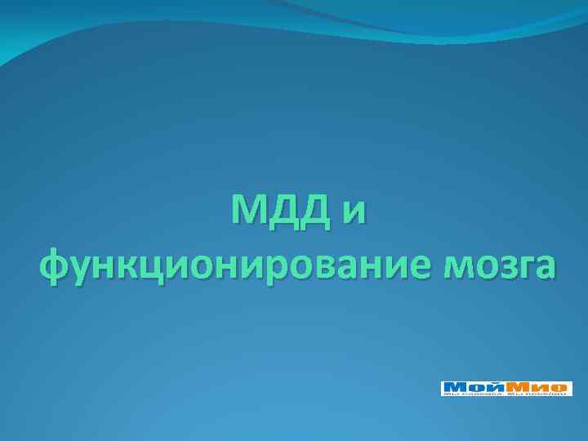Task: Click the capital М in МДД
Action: click(250, 212)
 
